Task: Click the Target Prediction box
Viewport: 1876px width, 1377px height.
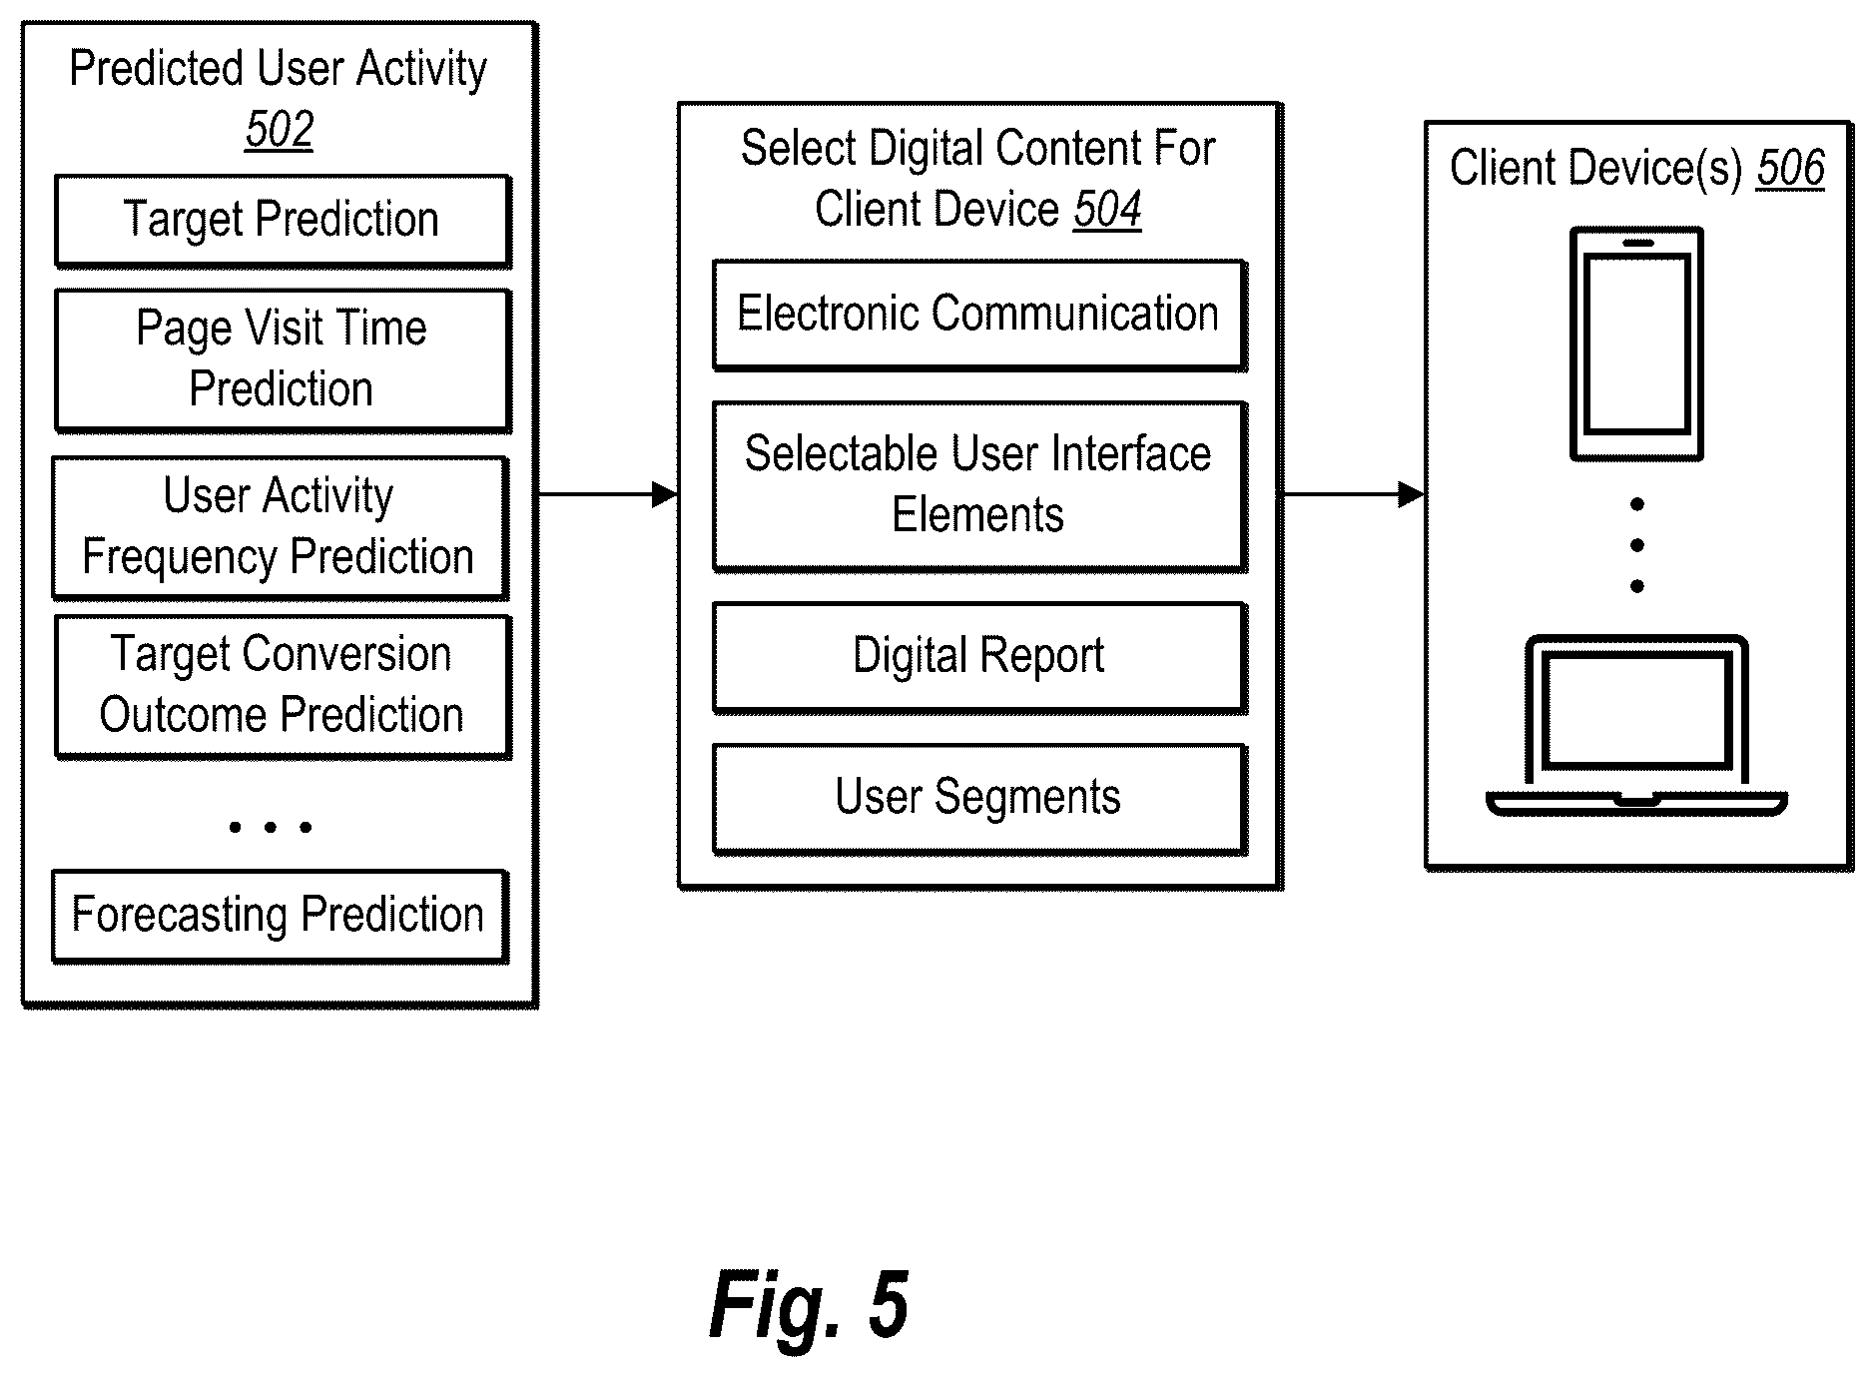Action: pos(283,221)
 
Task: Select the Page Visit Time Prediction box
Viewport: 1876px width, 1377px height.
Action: pos(283,359)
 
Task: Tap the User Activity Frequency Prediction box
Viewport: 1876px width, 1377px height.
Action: pos(281,527)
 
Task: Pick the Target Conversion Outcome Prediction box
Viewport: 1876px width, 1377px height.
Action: pos(283,686)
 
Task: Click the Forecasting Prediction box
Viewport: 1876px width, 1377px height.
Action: pos(281,916)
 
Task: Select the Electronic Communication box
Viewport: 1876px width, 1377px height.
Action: pos(979,315)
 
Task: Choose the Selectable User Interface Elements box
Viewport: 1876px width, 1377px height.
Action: pos(979,485)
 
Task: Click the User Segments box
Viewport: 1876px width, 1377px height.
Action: pos(979,798)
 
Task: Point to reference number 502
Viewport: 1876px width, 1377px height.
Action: pos(280,130)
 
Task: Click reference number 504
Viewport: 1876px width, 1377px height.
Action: pos(1107,210)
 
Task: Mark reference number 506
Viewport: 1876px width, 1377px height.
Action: pos(1790,168)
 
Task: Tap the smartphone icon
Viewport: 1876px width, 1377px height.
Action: pos(1636,344)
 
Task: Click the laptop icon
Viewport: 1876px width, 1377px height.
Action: pos(1636,726)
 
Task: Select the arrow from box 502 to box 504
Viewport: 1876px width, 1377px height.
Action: pos(608,493)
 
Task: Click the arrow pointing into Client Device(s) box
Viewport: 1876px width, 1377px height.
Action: pos(1353,493)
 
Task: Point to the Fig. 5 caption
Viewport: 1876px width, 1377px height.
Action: pos(809,1305)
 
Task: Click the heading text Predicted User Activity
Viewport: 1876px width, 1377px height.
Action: pos(278,69)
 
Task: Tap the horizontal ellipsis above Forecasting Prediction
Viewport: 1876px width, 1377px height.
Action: pos(271,827)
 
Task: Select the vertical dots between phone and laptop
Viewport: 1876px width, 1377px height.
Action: pos(1636,545)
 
